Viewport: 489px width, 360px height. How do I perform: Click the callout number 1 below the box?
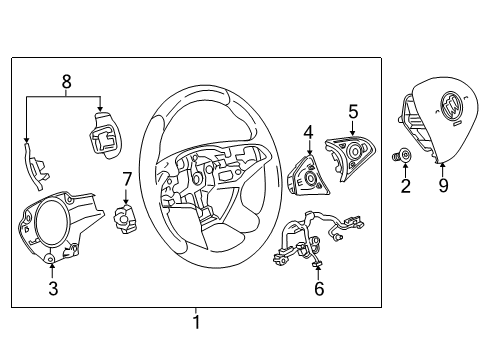(x=196, y=323)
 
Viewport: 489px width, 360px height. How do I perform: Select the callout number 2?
(x=405, y=185)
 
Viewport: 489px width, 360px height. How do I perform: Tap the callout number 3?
(x=53, y=290)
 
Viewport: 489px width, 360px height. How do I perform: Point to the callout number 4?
(x=309, y=131)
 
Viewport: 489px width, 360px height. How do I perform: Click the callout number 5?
(x=353, y=111)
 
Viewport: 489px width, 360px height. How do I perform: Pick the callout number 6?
(x=319, y=288)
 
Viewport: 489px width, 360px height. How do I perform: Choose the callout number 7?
(x=127, y=178)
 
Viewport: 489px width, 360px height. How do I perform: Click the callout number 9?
(x=442, y=185)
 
